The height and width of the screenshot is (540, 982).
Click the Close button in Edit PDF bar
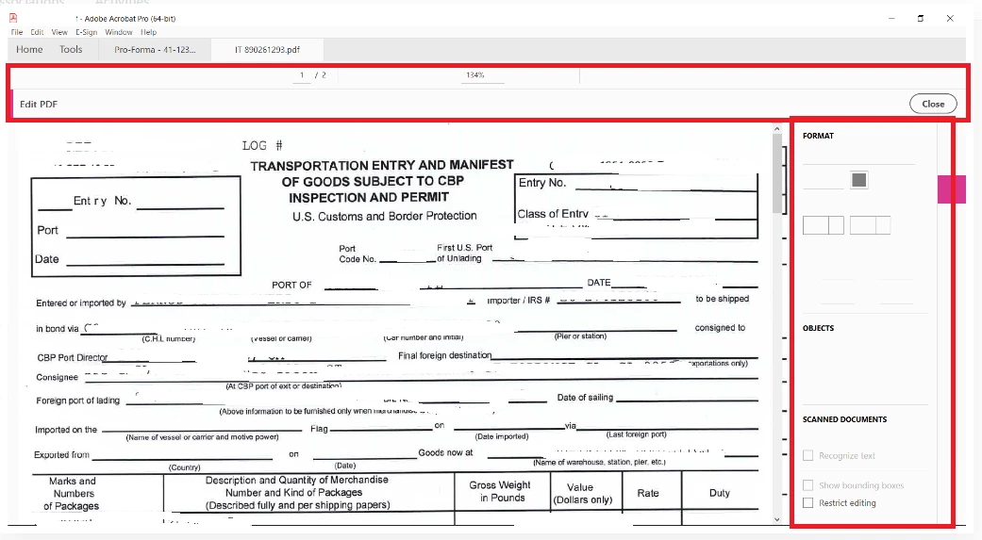click(932, 104)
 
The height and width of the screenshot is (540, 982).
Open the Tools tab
click(71, 49)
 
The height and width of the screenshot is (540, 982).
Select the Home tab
click(29, 49)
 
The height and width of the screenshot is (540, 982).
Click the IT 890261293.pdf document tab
click(267, 49)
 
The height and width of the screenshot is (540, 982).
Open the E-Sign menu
click(86, 32)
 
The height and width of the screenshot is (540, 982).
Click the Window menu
click(119, 32)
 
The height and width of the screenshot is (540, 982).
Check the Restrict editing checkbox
click(807, 503)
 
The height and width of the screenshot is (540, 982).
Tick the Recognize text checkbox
click(807, 456)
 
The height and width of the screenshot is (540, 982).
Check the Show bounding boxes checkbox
click(807, 485)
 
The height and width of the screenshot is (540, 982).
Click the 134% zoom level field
click(474, 74)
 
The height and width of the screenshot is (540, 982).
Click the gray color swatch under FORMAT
click(858, 180)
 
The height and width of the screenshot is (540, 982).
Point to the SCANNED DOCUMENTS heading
click(844, 419)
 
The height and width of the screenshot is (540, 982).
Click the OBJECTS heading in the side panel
click(818, 328)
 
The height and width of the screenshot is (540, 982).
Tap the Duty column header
click(720, 493)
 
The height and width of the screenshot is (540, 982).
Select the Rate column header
click(648, 493)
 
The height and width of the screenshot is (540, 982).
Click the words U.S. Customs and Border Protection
click(384, 217)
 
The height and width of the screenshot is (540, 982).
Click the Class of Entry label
click(553, 214)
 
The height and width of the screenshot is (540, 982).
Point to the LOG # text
click(262, 145)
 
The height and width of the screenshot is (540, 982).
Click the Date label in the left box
click(47, 259)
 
